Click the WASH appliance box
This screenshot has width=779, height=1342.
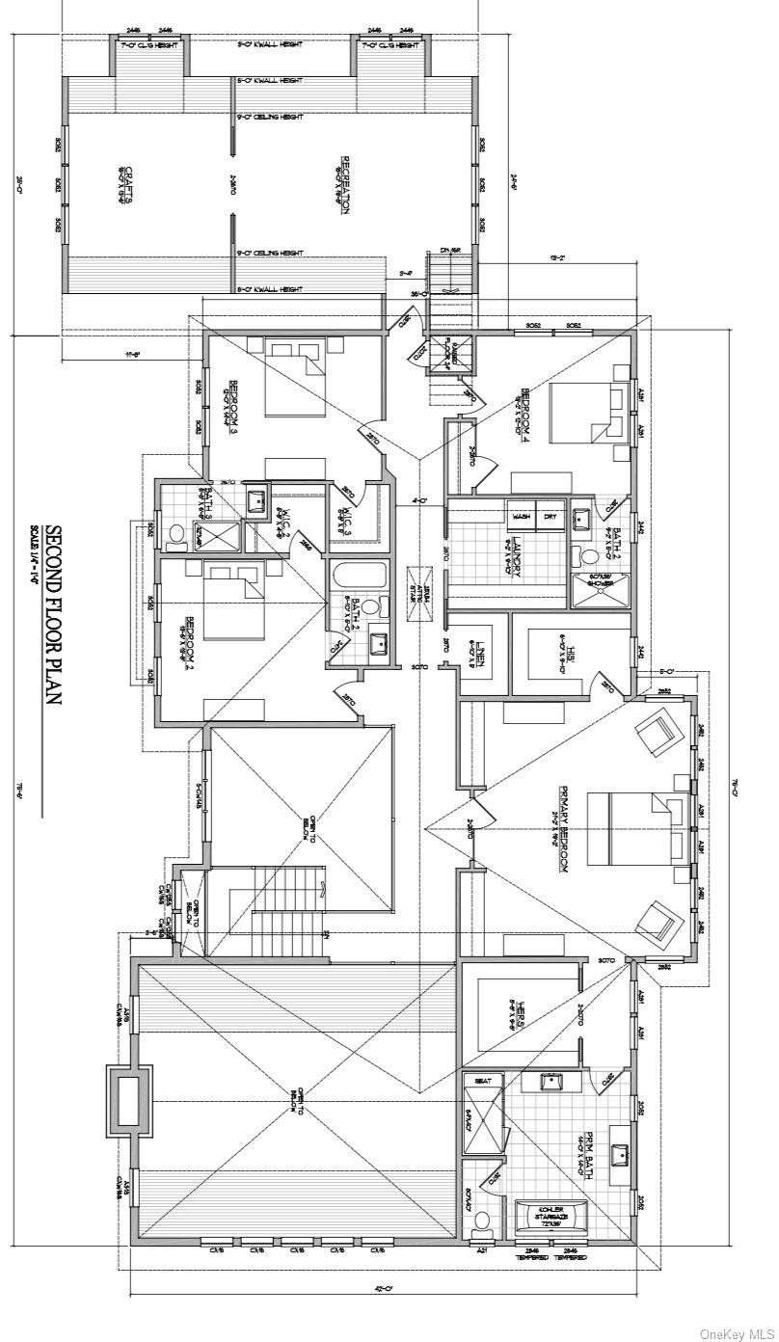522,517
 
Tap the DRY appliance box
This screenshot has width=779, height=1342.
551,517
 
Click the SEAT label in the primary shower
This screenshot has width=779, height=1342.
483,1081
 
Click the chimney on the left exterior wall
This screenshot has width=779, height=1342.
127,1099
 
